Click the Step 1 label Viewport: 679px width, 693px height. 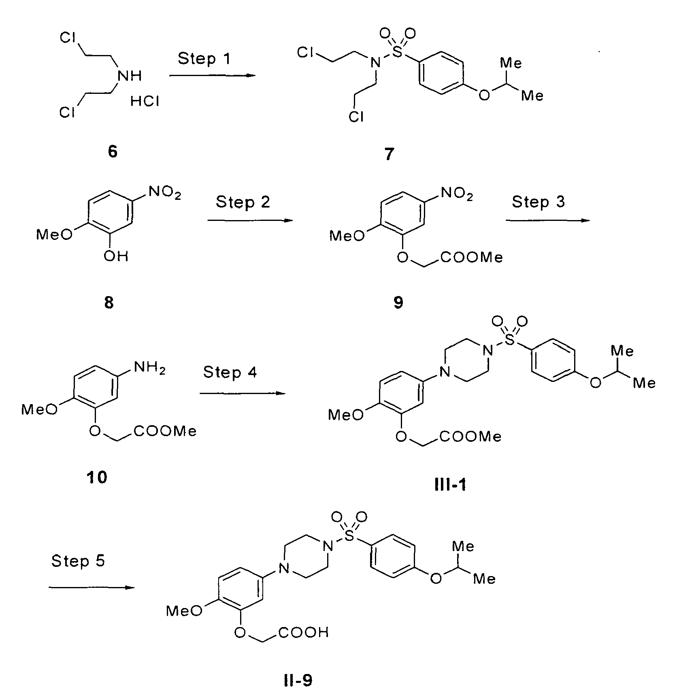point(204,59)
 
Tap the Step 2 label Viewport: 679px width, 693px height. point(243,202)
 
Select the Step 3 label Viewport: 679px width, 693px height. point(538,202)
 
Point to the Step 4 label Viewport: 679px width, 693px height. point(230,372)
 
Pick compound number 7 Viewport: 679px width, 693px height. point(389,154)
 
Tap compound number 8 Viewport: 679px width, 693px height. point(109,303)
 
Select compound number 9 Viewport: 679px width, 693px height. point(398,303)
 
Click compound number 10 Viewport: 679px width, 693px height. point(97,478)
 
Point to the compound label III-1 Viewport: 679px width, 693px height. point(450,485)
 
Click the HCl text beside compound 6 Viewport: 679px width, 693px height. point(145,102)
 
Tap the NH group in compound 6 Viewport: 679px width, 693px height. point(129,76)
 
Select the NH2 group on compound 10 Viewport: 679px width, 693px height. point(149,369)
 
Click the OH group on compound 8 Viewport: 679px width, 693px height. point(116,256)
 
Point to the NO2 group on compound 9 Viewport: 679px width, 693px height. point(456,195)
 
